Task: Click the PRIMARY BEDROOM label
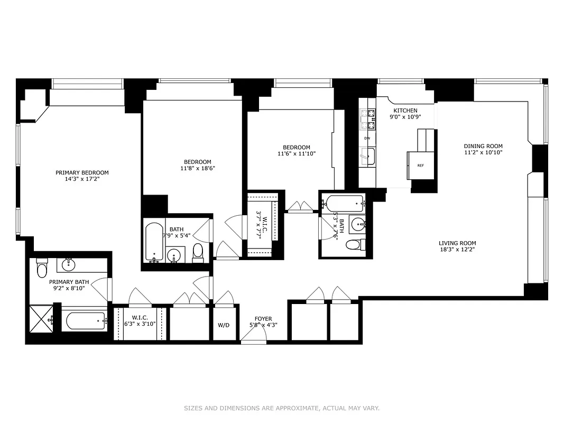click(x=82, y=172)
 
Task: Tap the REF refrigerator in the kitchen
click(x=420, y=165)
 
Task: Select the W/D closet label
click(x=224, y=325)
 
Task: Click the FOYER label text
click(x=263, y=319)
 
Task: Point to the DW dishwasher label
click(x=367, y=138)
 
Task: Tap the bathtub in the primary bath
click(x=84, y=320)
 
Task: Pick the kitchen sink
click(x=367, y=156)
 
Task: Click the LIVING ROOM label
click(x=457, y=243)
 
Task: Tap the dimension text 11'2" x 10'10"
click(x=483, y=152)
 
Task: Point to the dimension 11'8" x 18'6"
click(x=197, y=168)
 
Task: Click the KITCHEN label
click(x=405, y=111)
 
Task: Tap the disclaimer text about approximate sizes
click(x=282, y=408)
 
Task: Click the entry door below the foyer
click(x=254, y=341)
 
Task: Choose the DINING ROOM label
click(x=483, y=146)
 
